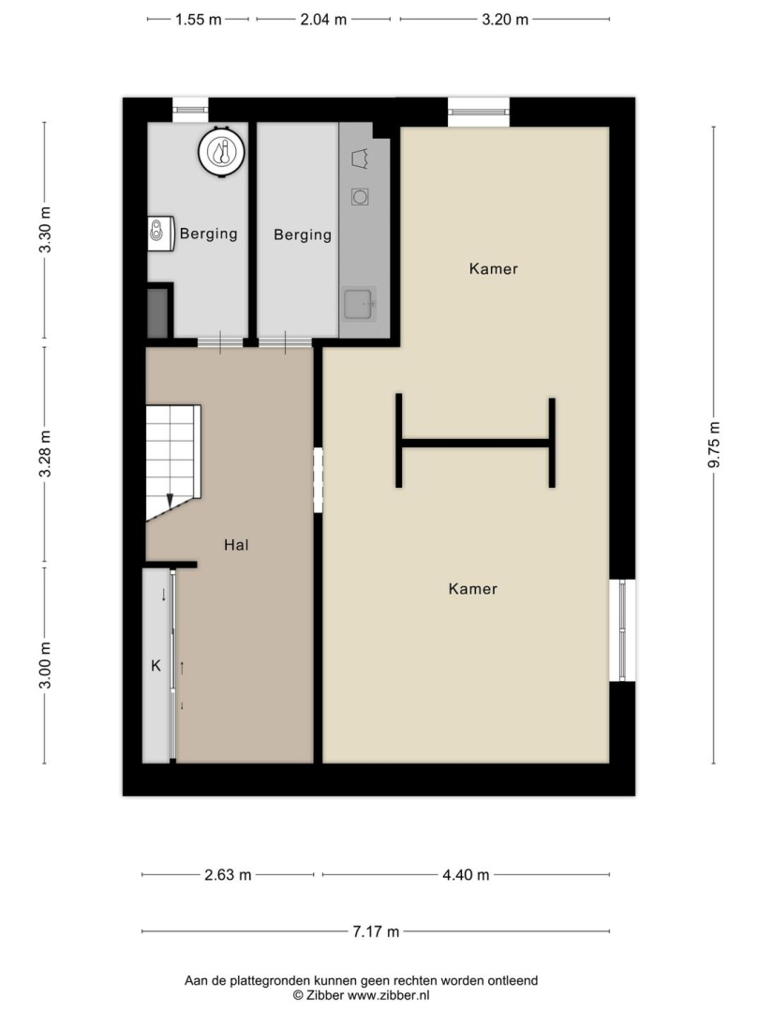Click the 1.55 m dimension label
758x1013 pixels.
pos(198,20)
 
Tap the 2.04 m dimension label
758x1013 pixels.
pos(323,20)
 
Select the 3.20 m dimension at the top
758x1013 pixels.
pos(505,20)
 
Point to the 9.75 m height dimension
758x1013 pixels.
pos(713,445)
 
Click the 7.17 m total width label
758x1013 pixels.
pos(376,931)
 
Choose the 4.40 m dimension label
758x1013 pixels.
pos(466,875)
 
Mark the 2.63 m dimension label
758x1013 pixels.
pos(228,875)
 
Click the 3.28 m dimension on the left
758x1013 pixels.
pos(45,454)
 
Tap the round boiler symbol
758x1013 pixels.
pos(221,152)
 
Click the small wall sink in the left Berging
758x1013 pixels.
pos(161,234)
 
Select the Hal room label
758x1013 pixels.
pos(236,545)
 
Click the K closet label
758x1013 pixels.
pos(156,665)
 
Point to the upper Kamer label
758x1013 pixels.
pos(494,269)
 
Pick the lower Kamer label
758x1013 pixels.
pos(473,588)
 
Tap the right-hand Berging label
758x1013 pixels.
pos(303,234)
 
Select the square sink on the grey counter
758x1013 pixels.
pos(358,304)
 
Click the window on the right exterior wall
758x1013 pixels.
pos(622,630)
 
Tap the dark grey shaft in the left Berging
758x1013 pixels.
pos(157,312)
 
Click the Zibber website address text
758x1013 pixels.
pos(388,995)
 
